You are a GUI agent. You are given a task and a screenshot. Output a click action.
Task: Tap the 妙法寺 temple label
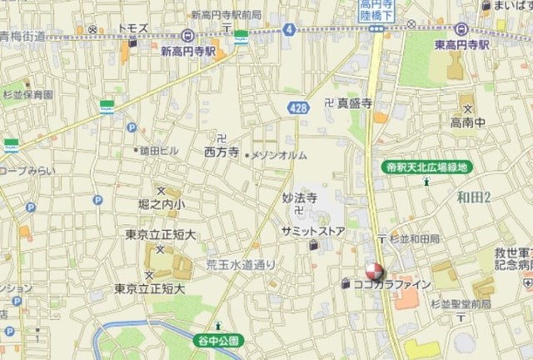coord(300,199)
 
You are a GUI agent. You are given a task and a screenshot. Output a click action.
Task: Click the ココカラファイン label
coord(392,284)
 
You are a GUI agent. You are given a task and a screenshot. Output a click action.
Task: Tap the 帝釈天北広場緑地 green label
coord(428,167)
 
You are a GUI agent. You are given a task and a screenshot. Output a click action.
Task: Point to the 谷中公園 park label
coord(219,340)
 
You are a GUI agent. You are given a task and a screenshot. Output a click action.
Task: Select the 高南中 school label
coord(468,122)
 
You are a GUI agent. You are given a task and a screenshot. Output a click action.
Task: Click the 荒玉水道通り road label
coord(240,263)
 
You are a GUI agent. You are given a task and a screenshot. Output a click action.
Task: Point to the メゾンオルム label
coord(279,156)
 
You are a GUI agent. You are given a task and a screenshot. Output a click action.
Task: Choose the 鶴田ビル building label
coord(158,151)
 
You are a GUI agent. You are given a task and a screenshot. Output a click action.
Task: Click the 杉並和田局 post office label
coord(414,238)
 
